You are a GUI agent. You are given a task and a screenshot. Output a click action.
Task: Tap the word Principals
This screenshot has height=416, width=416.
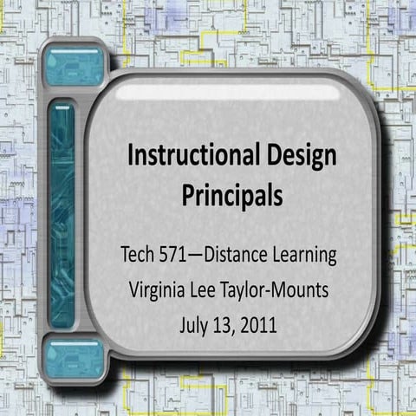coord(231,195)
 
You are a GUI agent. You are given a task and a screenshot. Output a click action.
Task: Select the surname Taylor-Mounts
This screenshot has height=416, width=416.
coord(282,291)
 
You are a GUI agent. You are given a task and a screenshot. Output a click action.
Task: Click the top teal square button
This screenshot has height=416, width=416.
coord(75,66)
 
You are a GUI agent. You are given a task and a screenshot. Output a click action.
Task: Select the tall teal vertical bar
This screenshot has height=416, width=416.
coord(62,213)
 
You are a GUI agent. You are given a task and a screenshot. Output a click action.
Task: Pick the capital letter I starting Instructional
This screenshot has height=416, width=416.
coord(131,157)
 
